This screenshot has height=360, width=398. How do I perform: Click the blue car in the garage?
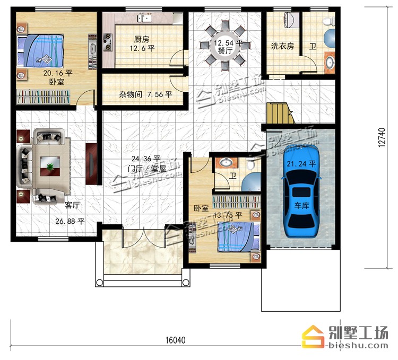pyautogui.click(x=301, y=191)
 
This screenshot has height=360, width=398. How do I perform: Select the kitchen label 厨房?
pyautogui.click(x=142, y=39)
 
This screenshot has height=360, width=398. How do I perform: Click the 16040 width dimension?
pyautogui.click(x=176, y=340)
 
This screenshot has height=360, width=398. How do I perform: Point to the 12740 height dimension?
pyautogui.click(x=382, y=137)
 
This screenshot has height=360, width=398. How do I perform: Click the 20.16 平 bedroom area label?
pyautogui.click(x=58, y=73)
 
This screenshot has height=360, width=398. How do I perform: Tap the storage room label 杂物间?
pyautogui.click(x=131, y=94)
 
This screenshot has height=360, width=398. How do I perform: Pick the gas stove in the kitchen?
pyautogui.click(x=108, y=42)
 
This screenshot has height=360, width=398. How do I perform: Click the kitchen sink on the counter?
pyautogui.click(x=144, y=18)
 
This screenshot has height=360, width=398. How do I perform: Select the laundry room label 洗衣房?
pyautogui.click(x=282, y=46)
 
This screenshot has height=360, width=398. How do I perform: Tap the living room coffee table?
pyautogui.click(x=50, y=166)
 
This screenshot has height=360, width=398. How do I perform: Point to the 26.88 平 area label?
pyautogui.click(x=70, y=221)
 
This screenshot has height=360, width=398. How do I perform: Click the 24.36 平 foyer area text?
pyautogui.click(x=146, y=159)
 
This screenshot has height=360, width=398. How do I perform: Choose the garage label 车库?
pyautogui.click(x=302, y=205)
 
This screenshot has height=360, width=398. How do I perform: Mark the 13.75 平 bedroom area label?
pyautogui.click(x=228, y=215)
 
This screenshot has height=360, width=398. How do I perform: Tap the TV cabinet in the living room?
pyautogui.click(x=91, y=164)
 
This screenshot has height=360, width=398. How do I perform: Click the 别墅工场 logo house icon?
pyautogui.click(x=313, y=337)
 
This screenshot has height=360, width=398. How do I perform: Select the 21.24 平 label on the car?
pyautogui.click(x=301, y=164)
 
